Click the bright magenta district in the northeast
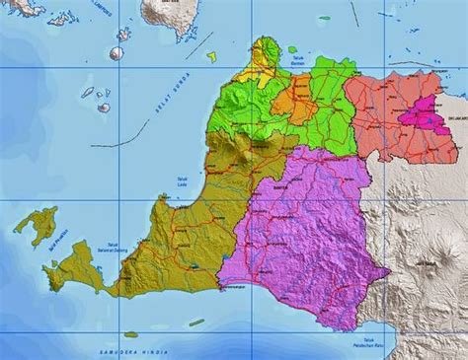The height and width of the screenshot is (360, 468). [429, 118]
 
